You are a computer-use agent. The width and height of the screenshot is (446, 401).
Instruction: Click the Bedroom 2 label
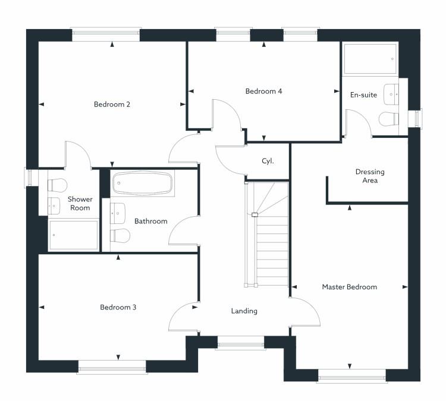112,105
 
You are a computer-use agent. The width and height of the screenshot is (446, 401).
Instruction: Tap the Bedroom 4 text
263,91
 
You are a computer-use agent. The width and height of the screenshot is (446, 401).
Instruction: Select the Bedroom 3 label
118,307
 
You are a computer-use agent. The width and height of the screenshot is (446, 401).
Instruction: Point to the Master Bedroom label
349,287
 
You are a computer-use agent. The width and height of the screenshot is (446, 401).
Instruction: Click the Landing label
244,311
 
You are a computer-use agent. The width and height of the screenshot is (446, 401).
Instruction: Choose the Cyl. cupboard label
268,161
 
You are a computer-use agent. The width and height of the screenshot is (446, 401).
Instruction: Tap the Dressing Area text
370,176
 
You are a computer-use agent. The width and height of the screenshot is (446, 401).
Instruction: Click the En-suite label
363,95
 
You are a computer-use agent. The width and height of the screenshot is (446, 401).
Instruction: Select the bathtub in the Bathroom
143,184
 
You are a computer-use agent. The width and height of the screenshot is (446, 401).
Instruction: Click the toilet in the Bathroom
120,235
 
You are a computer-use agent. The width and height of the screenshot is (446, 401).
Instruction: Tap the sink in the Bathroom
118,211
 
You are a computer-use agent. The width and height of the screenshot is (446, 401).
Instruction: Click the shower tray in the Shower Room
73,236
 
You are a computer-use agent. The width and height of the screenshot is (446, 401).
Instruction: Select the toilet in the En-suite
388,119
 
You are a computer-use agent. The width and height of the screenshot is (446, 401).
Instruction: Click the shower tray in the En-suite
369,58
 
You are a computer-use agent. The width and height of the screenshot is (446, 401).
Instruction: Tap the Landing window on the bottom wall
240,342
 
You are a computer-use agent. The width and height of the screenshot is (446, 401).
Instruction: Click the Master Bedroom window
351,375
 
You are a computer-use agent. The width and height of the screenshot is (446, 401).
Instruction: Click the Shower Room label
80,203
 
